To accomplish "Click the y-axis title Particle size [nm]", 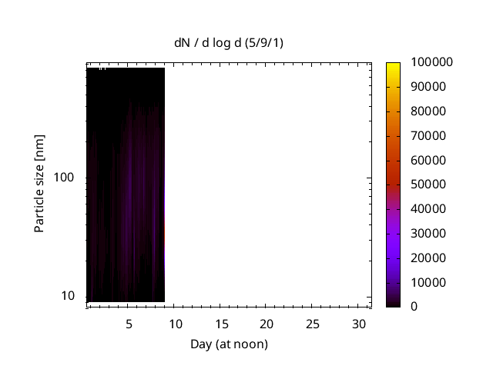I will [39, 183].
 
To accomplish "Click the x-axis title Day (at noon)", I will [229, 344].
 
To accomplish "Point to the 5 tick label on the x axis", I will [129, 324].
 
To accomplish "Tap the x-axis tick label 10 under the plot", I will [175, 324].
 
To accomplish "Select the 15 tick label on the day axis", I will [221, 324].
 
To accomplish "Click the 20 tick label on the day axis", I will [267, 324].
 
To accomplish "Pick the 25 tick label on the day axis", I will [313, 324].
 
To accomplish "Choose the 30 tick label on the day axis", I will [358, 324].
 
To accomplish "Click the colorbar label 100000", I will [431, 62].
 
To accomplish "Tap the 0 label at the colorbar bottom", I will [415, 307].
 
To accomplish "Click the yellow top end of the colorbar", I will [394, 65].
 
